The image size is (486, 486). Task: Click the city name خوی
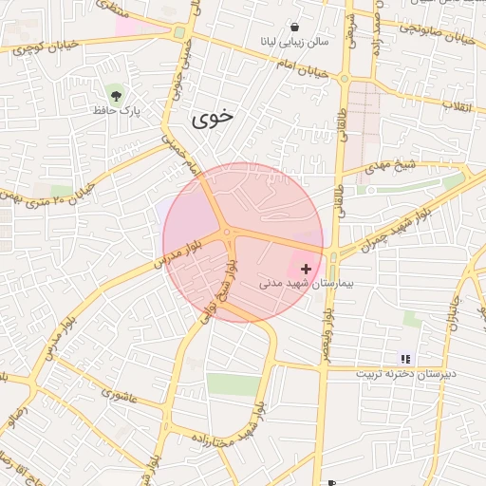(212, 118)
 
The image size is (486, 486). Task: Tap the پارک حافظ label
(117, 111)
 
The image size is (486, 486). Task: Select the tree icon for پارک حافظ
(116, 95)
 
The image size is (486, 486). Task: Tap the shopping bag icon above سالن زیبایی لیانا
(295, 28)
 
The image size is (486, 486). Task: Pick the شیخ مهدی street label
(394, 165)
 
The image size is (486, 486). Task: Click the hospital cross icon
(305, 270)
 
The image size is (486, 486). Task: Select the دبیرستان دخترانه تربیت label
(406, 373)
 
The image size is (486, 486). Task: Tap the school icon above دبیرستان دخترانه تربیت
(406, 359)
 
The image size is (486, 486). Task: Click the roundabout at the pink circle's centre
(228, 232)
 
